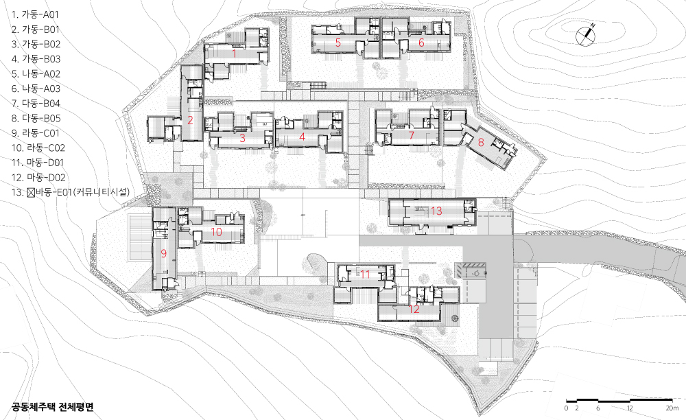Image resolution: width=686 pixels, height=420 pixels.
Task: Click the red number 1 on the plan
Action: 235,54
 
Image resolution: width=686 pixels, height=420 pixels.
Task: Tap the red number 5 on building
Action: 338,43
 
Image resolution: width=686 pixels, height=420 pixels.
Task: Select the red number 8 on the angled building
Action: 481,142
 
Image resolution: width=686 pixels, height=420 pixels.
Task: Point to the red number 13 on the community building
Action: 436,211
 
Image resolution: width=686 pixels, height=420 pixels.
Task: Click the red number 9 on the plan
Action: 164,253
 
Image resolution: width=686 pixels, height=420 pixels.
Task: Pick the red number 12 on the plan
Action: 414,310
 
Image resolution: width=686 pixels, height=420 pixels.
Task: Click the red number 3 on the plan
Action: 242,138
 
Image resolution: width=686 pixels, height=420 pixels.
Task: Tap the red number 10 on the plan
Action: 217,232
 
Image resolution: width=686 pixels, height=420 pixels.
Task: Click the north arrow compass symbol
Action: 585,36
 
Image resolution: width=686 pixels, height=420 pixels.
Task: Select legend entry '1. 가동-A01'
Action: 35,14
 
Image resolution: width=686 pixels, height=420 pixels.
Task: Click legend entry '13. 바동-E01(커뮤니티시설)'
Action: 71,191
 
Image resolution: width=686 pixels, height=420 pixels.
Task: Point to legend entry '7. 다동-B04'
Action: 36,103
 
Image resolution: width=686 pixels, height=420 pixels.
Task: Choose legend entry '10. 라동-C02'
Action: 38,148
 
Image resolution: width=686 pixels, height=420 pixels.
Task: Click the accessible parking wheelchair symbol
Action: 477,273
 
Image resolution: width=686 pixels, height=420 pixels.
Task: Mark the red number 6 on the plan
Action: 421,43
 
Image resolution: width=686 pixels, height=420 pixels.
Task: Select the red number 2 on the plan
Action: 190,120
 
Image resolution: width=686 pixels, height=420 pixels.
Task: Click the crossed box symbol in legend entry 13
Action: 31,192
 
